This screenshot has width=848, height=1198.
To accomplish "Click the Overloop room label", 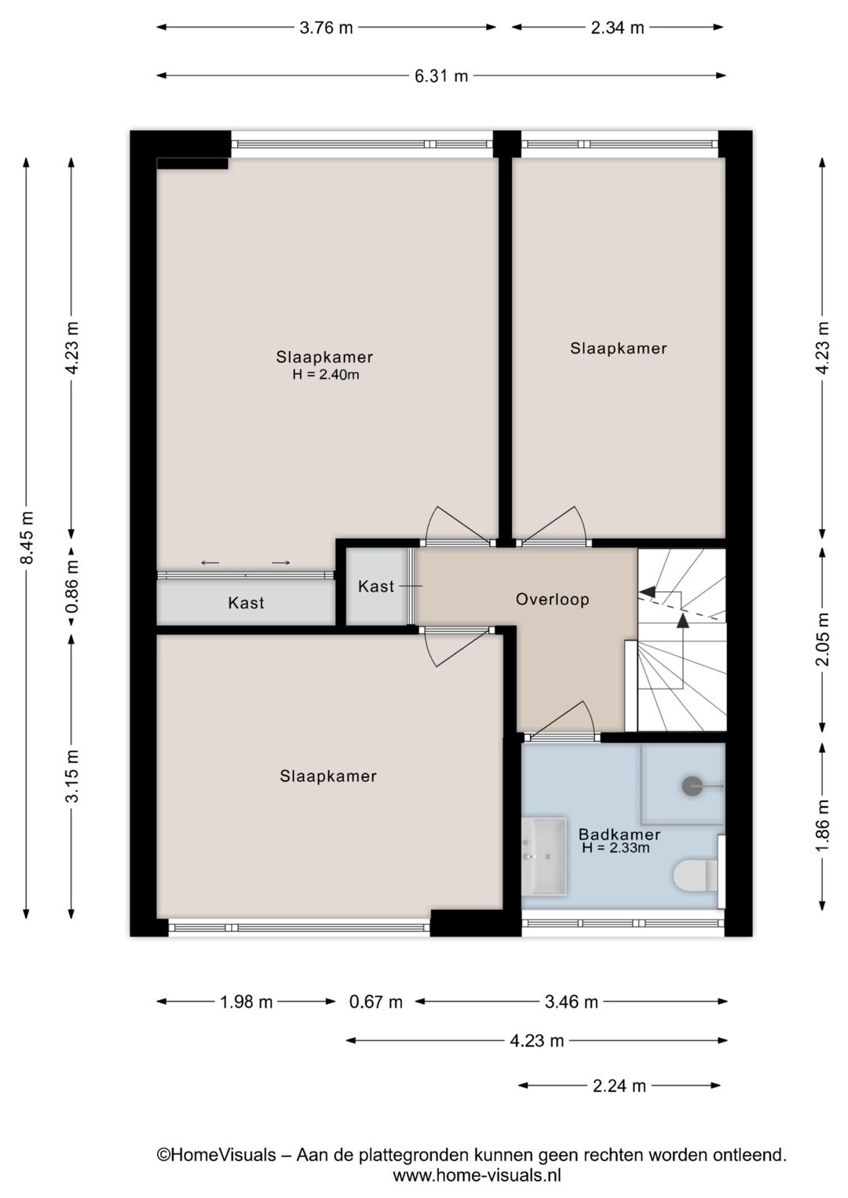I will tap(552, 600).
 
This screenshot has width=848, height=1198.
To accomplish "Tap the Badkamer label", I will tap(619, 835).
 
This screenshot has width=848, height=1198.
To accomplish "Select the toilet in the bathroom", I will tap(695, 875).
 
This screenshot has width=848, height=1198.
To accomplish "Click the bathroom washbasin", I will tap(543, 856).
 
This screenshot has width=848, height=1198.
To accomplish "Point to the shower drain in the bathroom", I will tap(692, 785).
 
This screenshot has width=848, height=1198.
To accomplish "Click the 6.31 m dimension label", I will tap(440, 76).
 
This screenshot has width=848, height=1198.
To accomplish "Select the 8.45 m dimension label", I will tap(27, 538).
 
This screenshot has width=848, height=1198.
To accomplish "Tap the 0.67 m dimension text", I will tap(376, 1002).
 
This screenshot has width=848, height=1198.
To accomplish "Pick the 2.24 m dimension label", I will tap(619, 1086).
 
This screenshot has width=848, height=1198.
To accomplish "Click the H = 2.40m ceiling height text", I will tap(325, 375).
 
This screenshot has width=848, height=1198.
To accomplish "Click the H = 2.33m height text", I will tap(616, 849).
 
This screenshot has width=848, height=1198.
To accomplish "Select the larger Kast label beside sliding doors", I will tap(246, 603).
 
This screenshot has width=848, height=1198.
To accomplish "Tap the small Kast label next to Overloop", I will tap(375, 586).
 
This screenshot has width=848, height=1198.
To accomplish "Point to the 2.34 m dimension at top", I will tap(617, 27).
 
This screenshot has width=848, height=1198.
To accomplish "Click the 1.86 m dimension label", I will tap(822, 825).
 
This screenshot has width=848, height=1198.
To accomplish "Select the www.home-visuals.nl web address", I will tap(477, 1175).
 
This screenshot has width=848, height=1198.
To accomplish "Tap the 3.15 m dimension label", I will tap(71, 776).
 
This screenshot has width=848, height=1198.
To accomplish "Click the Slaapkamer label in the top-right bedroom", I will tap(618, 349).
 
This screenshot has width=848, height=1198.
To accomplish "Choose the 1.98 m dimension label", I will tap(246, 1002).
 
